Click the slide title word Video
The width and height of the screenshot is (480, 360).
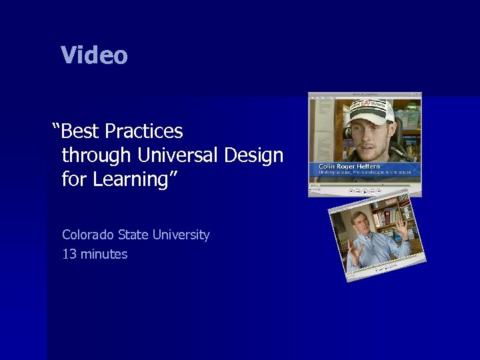pos(94,55)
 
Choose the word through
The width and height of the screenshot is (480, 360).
pos(97,155)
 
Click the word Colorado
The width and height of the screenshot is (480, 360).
pos(88,235)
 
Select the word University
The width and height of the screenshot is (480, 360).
pos(181,235)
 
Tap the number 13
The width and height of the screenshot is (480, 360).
pos(69,254)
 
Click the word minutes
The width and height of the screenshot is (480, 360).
pos(103,254)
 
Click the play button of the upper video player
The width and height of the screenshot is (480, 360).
pos(365,191)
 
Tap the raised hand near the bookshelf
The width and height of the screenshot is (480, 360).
pos(403,230)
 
